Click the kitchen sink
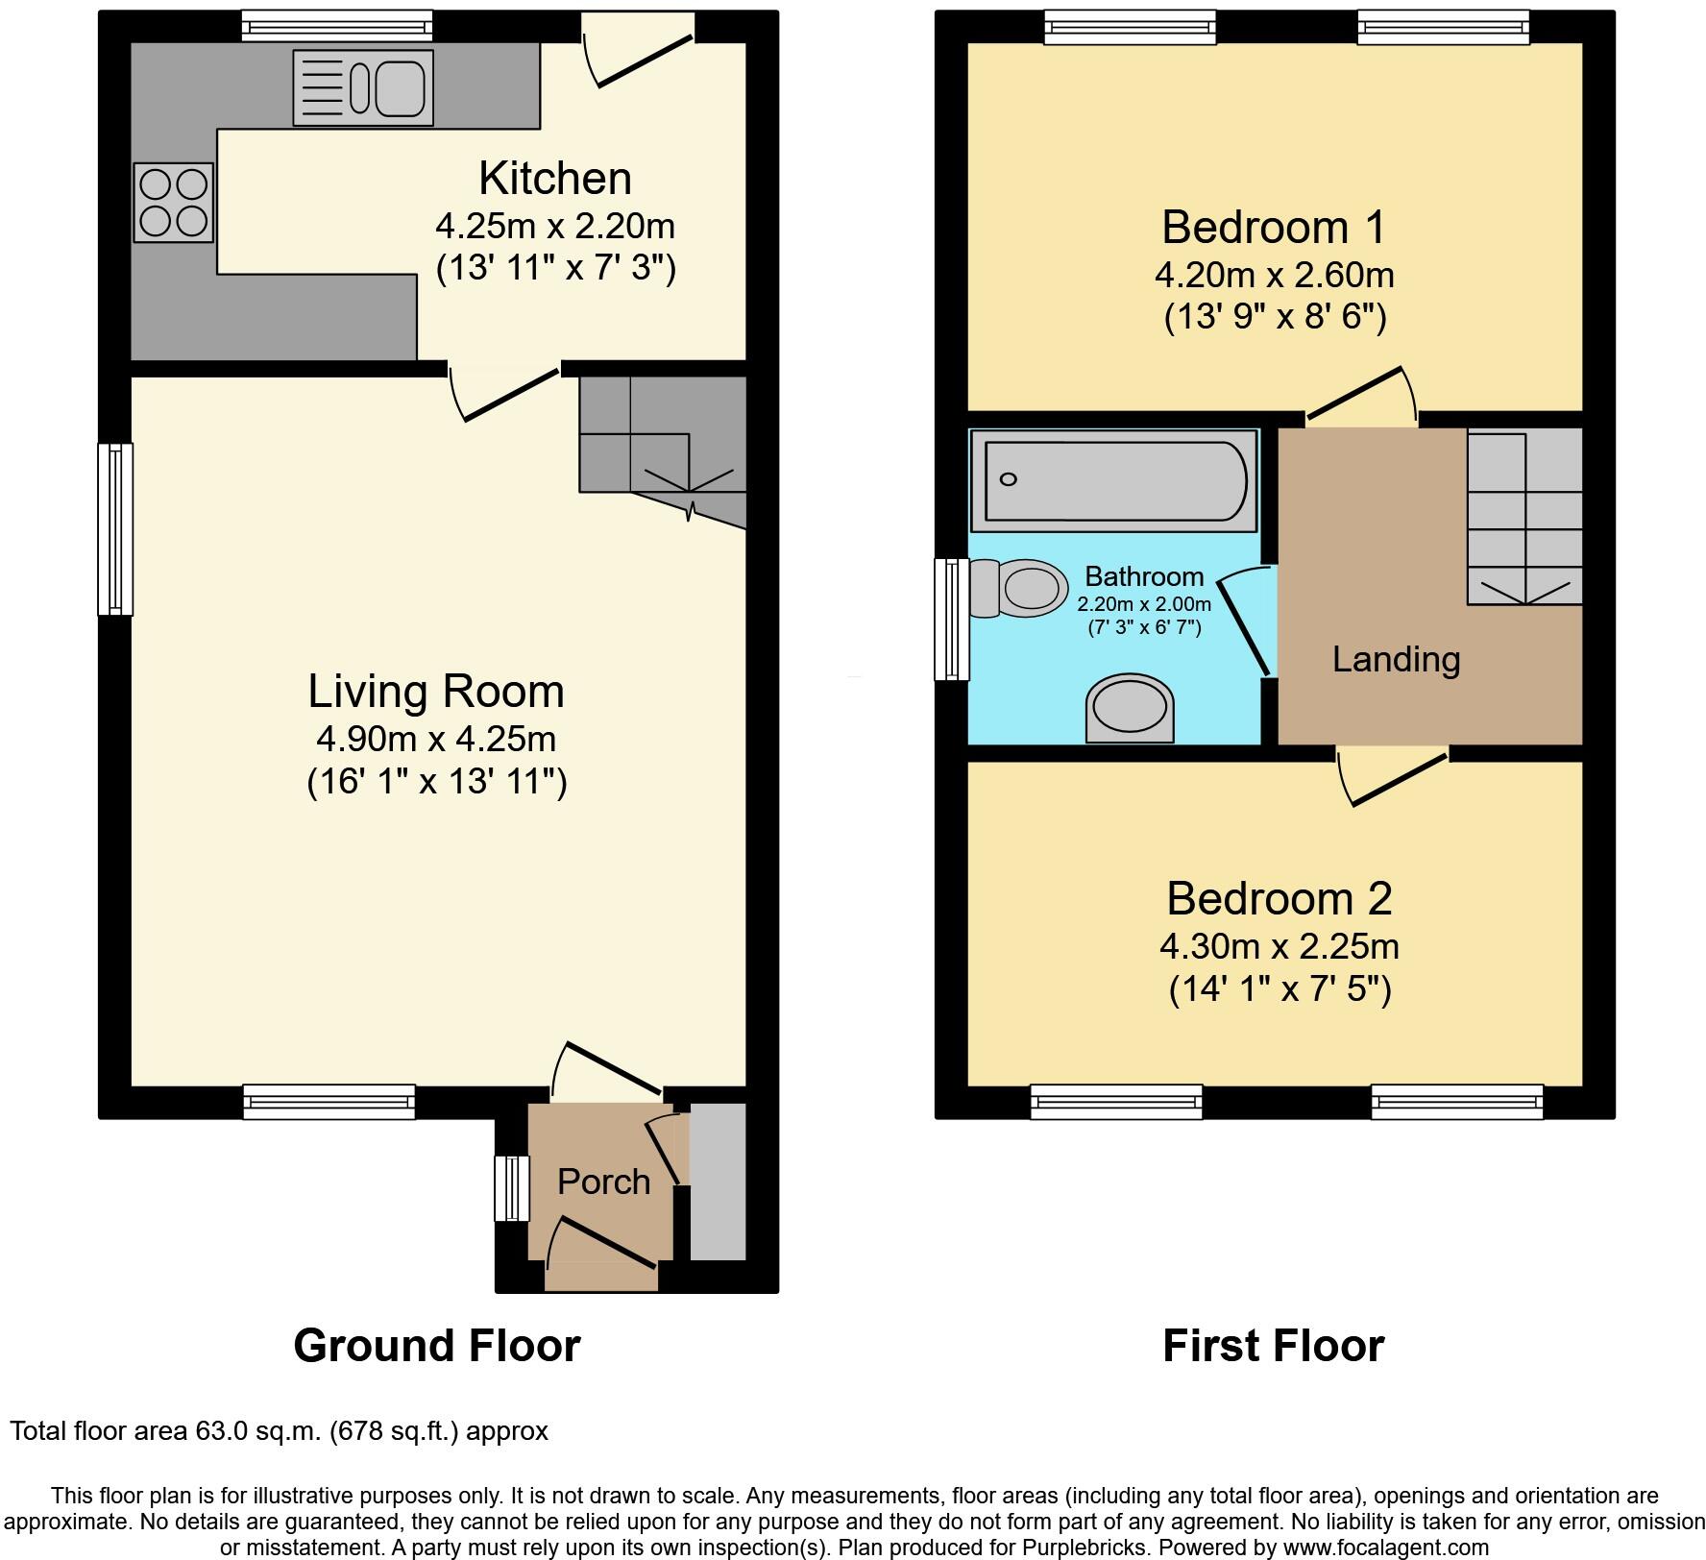tap(363, 87)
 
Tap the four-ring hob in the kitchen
tap(174, 202)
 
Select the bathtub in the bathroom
tap(1114, 480)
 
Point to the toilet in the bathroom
tap(1019, 588)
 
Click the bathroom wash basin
tap(1131, 708)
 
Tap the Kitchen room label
tap(555, 179)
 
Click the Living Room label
tap(436, 692)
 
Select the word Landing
tap(1397, 660)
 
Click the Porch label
tap(604, 1182)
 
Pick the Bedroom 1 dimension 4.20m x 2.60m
tap(1275, 276)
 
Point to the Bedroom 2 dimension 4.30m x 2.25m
tap(1279, 947)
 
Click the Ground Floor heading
tap(437, 1346)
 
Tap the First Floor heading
tap(1274, 1346)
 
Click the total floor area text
tap(280, 1431)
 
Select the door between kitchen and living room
tap(505, 394)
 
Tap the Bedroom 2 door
tap(1394, 778)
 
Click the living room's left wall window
tap(115, 528)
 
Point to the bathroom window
tap(952, 620)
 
